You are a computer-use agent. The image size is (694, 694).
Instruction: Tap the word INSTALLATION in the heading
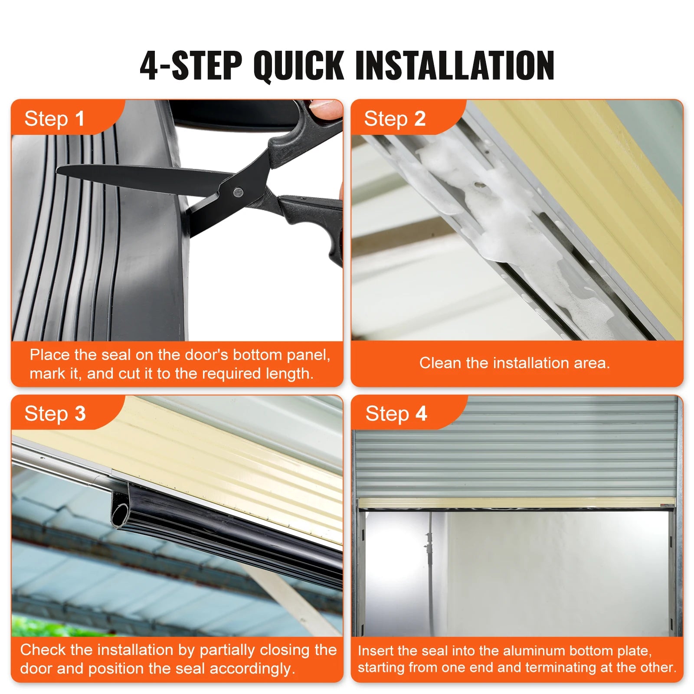[x=455, y=66]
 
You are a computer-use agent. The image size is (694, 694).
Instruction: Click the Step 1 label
[x=54, y=119]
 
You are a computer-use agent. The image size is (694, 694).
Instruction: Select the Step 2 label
[x=395, y=119]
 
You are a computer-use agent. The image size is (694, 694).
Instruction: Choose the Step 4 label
[x=396, y=413]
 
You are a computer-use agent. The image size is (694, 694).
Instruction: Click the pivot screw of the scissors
[x=238, y=191]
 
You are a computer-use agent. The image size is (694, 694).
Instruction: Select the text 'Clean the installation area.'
[x=514, y=363]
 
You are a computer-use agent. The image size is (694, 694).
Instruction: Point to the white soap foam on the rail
[x=499, y=208]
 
